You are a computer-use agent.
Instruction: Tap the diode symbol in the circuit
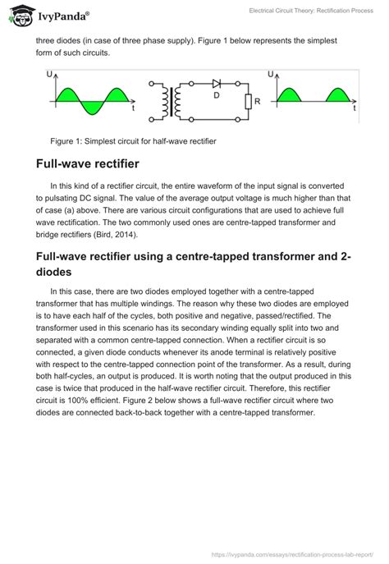[217, 84]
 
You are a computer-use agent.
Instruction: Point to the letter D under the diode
[217, 96]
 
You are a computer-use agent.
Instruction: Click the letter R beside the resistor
[258, 102]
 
